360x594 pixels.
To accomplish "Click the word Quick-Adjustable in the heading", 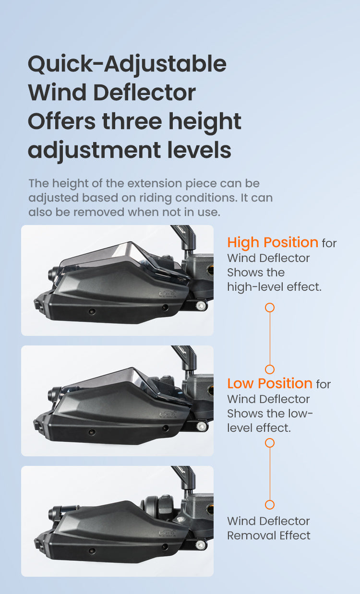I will click(127, 64).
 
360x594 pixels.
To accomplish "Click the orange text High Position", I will click(273, 242).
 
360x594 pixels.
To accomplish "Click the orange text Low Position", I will click(270, 383).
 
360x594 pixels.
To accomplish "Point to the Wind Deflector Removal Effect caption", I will click(268, 528).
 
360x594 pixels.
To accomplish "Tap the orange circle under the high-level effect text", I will click(270, 307).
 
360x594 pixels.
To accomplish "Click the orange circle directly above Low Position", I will click(270, 369).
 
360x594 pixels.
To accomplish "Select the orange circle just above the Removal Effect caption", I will click(270, 504).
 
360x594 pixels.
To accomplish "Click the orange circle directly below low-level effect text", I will click(270, 442).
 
